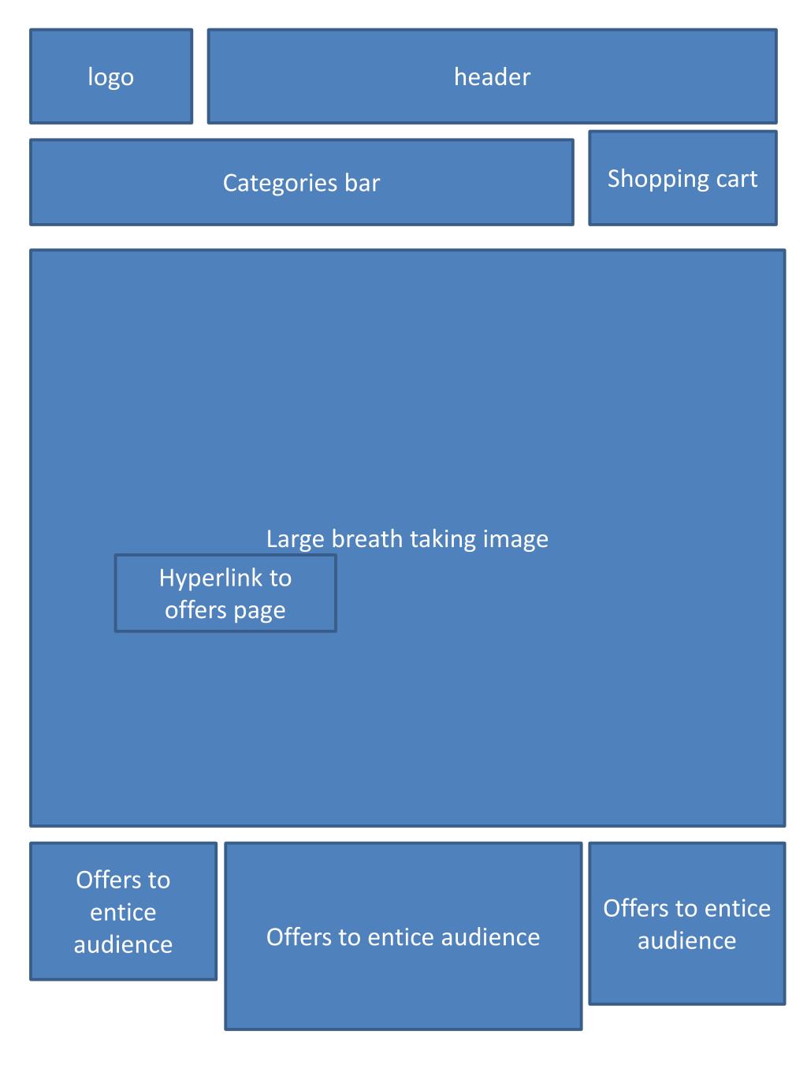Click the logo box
111,76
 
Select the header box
492,76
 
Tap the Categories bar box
301,182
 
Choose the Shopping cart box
682,178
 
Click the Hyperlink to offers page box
225,593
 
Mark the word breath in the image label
365,539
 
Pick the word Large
295,539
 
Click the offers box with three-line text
123,911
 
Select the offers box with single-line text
403,936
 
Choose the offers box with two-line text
686,923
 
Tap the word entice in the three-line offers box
123,912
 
